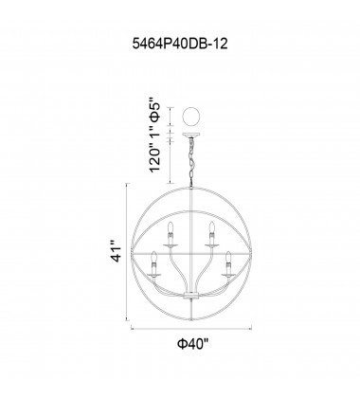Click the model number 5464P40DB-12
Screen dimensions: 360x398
tap(180, 45)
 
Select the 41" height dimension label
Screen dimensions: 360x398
tap(117, 252)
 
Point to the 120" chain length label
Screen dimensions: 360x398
tap(154, 158)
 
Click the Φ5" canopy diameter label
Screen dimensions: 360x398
tap(155, 114)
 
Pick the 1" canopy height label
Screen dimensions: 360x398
tap(154, 135)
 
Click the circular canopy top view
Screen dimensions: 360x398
tap(191, 117)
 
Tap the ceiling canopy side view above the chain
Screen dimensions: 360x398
tap(191, 136)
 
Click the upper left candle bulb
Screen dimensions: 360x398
tap(171, 227)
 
